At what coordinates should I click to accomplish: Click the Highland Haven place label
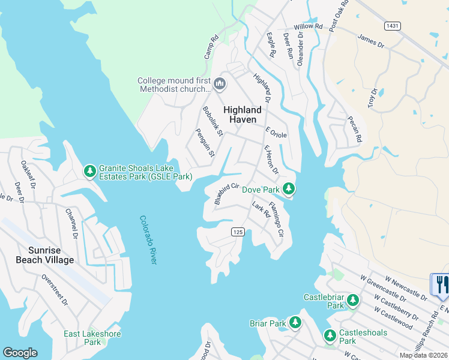click(x=243, y=115)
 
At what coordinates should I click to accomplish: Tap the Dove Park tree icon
click(x=289, y=189)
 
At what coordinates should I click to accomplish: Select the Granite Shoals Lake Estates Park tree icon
click(x=90, y=172)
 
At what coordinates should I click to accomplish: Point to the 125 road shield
click(x=238, y=232)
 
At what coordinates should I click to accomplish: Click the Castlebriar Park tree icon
click(x=353, y=299)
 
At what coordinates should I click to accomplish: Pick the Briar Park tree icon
click(x=295, y=323)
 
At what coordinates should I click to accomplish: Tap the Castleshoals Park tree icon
click(x=330, y=336)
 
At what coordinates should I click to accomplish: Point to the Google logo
click(x=20, y=353)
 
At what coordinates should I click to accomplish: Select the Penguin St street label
click(x=205, y=142)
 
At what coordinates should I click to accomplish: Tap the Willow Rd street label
click(x=308, y=27)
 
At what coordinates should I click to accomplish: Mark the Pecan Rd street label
click(x=355, y=129)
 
